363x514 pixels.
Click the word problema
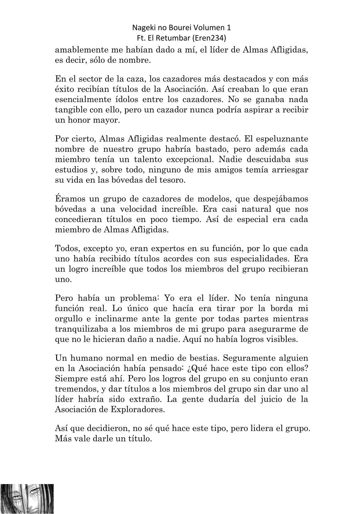point(139,298)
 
